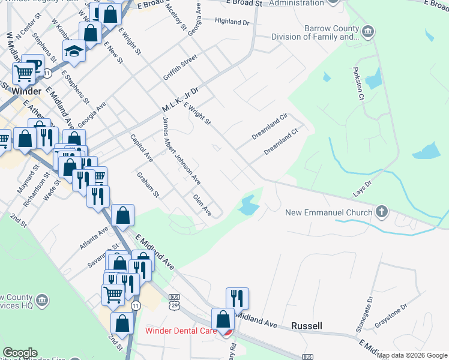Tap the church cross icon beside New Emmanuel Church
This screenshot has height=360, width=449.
point(381,211)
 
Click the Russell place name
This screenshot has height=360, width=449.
point(306,326)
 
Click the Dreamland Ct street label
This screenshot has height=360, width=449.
point(282,143)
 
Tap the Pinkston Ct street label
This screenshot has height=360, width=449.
point(357,83)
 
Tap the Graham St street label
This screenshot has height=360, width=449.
point(147,185)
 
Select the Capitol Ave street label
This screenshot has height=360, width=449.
point(142,148)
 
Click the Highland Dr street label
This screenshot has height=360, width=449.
point(232,22)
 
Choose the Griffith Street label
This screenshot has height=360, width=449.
point(180,68)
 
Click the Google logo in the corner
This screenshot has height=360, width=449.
point(20,353)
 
